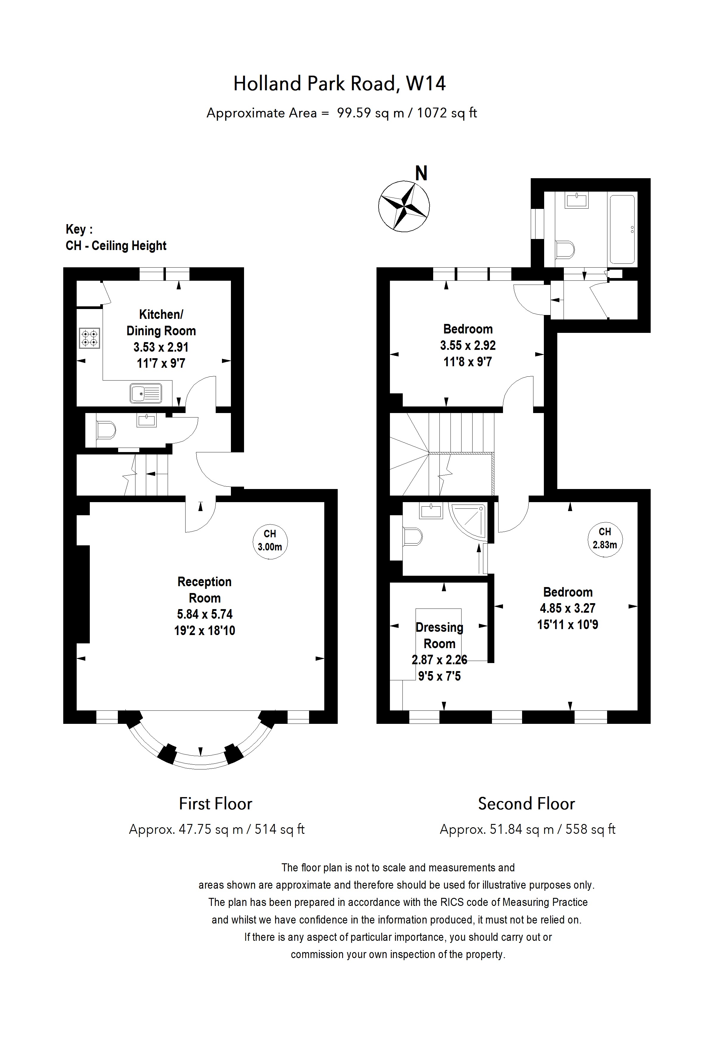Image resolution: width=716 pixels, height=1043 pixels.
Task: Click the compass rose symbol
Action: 404,207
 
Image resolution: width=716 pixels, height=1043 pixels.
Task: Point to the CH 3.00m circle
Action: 269,541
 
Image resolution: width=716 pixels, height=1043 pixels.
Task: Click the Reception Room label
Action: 204,590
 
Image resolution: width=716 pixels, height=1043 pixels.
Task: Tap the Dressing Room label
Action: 439,636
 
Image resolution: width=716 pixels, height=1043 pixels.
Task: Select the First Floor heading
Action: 216,803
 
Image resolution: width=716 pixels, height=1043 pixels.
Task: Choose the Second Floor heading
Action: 526,803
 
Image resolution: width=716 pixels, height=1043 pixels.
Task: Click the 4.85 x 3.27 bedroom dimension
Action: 567,608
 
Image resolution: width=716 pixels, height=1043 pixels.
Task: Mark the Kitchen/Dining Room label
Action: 161,322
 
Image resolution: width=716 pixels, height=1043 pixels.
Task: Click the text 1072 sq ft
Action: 447,113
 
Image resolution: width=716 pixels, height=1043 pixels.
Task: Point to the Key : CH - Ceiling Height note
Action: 116,238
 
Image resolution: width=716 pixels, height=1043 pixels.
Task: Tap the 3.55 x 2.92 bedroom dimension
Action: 467,345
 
